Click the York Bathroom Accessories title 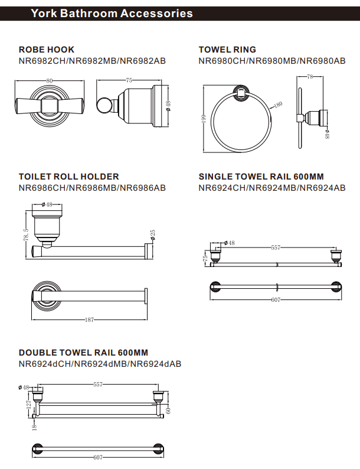coord(112,13)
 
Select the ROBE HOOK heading coord(47,50)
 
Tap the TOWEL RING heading coord(227,50)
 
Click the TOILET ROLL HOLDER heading coord(68,177)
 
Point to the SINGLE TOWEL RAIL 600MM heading coord(261,177)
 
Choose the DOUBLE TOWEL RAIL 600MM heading coord(83,353)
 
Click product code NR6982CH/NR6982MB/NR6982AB coord(92,61)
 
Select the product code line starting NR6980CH coord(272,61)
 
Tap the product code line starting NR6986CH coord(92,188)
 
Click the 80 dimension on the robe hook coord(49,80)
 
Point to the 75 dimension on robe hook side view coord(129,80)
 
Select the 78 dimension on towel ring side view coord(310,77)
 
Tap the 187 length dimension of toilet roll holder coord(89,320)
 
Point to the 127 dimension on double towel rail coord(27,405)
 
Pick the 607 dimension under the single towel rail coord(275,300)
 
